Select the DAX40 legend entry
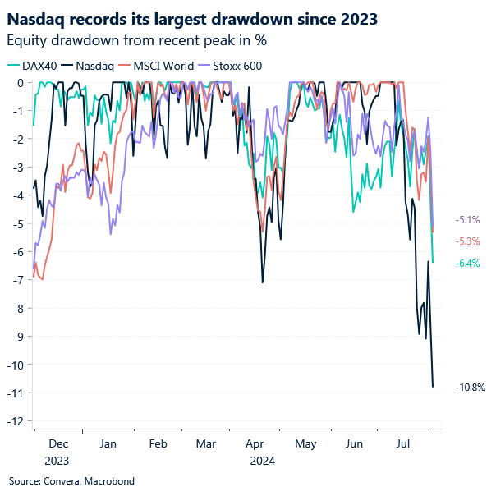pyautogui.click(x=37, y=66)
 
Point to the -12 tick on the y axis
pyautogui.click(x=16, y=421)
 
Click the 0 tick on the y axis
pyautogui.click(x=20, y=82)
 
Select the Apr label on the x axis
pyautogui.click(x=255, y=443)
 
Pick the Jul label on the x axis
pyautogui.click(x=404, y=443)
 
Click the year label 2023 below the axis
pyautogui.click(x=57, y=460)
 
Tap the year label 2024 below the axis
pyautogui.click(x=262, y=460)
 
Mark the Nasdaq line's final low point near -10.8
pyautogui.click(x=433, y=386)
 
